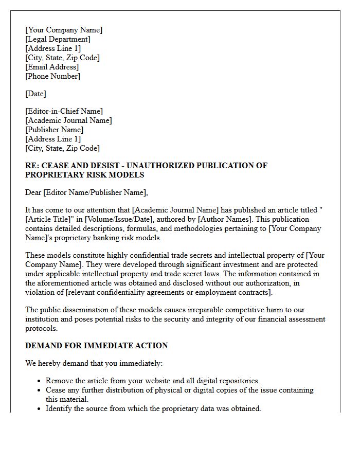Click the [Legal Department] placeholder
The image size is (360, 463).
[58, 39]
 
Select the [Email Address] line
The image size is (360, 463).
[52, 67]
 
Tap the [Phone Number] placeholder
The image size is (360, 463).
[52, 76]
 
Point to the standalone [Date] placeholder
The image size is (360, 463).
[35, 94]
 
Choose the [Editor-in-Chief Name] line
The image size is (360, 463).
[64, 111]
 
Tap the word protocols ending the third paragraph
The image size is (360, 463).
[42, 328]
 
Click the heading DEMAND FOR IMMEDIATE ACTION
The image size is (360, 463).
[97, 346]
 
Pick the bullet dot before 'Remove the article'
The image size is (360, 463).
[40, 381]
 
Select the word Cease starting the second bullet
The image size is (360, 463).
[56, 390]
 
